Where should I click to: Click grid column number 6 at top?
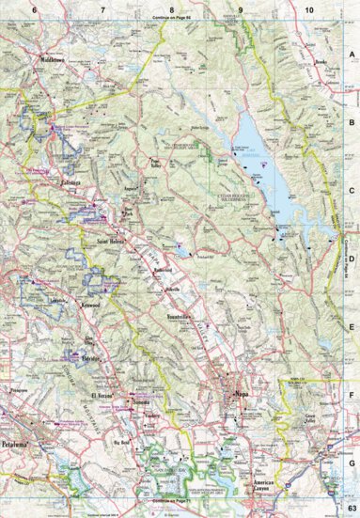point(34,8)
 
